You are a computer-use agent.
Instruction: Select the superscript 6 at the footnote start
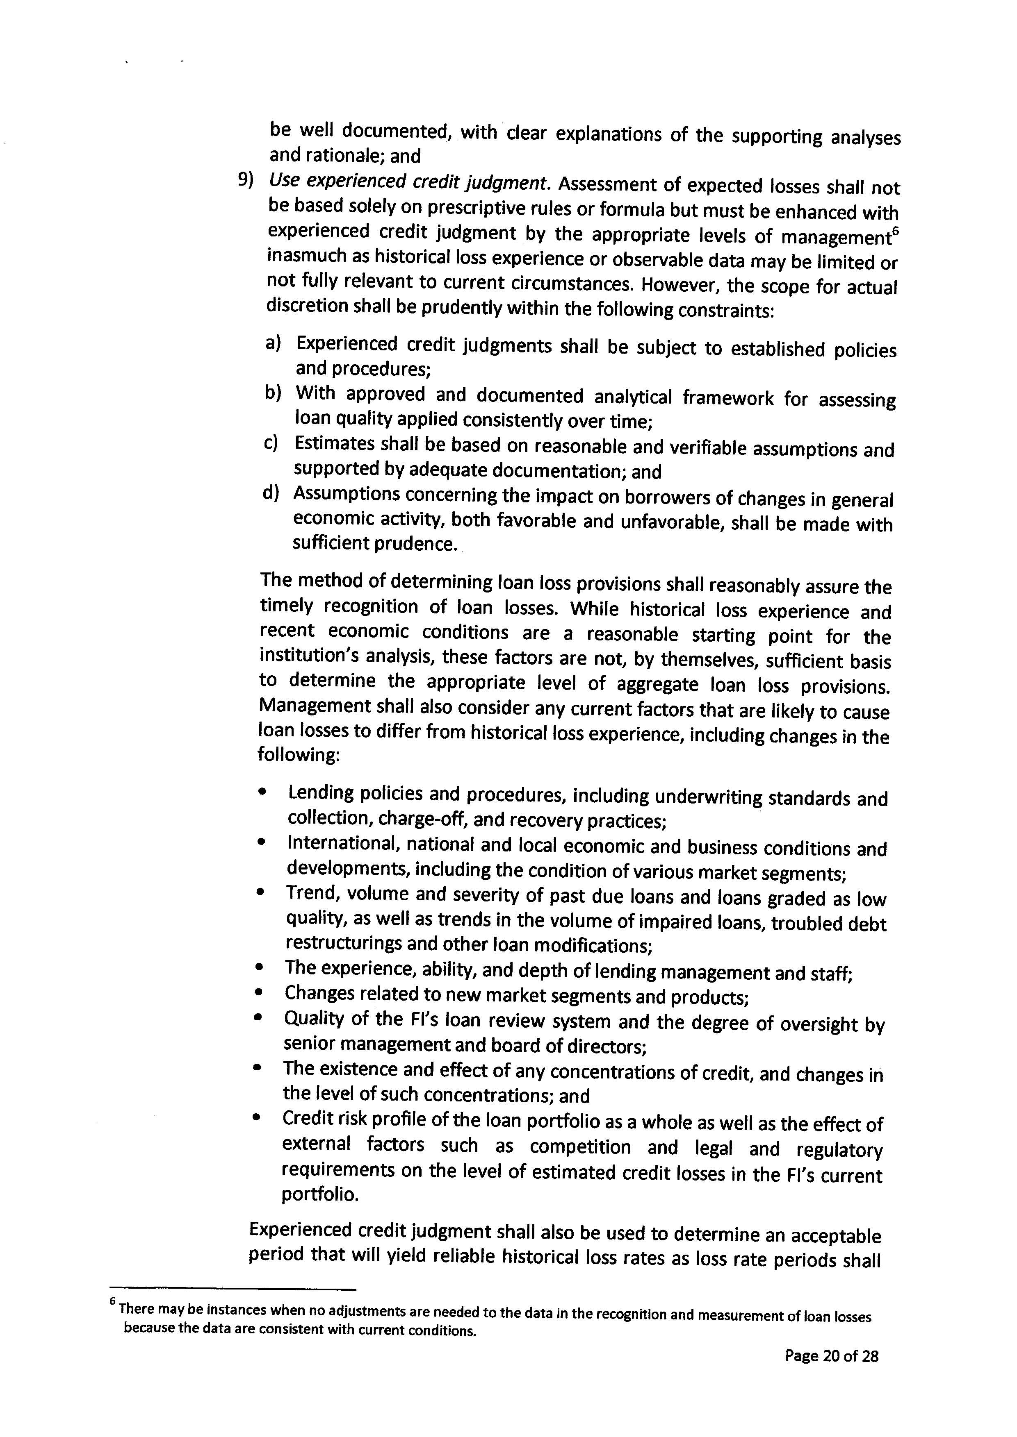[x=113, y=1300]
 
